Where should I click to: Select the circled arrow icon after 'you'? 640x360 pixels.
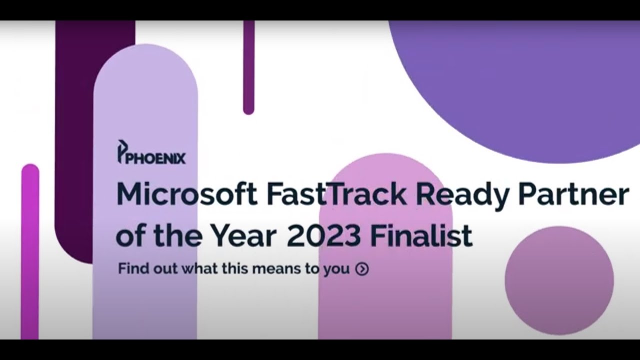click(x=362, y=269)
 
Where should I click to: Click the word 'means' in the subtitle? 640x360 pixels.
click(x=273, y=268)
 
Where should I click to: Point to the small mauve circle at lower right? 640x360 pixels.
click(x=559, y=280)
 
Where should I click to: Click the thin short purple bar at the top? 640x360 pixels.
click(x=248, y=65)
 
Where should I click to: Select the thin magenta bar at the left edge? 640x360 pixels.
click(x=30, y=250)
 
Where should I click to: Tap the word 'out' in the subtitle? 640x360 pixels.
click(x=163, y=268)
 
